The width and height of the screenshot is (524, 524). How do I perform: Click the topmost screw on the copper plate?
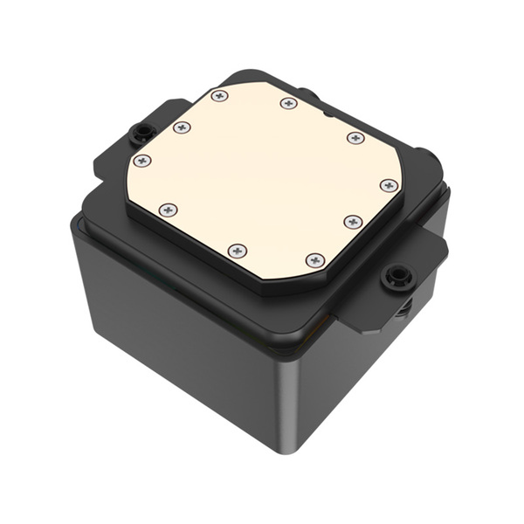pyautogui.click(x=219, y=95)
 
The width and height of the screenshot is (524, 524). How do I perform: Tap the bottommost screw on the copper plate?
pyautogui.click(x=315, y=260)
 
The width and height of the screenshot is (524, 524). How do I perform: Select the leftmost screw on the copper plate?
pyautogui.click(x=142, y=161)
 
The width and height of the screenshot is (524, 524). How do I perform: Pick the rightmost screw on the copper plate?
pyautogui.click(x=389, y=185)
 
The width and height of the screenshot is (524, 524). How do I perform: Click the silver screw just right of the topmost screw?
pyautogui.click(x=289, y=103)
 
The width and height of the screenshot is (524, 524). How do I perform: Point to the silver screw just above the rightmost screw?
pyautogui.click(x=355, y=138)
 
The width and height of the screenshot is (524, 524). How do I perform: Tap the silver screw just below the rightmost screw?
pyautogui.click(x=353, y=221)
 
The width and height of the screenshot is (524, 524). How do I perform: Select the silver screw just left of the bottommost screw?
pyautogui.click(x=238, y=251)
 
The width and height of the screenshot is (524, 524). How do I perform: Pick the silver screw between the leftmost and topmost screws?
pyautogui.click(x=182, y=128)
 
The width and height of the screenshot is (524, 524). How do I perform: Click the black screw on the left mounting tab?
pyautogui.click(x=140, y=134)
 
